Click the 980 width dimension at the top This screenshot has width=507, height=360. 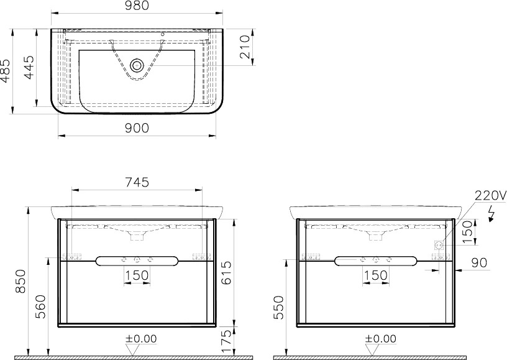137,6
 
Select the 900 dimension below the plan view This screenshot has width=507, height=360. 137,129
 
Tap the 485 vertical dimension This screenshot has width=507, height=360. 6,71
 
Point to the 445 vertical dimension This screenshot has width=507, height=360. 29,68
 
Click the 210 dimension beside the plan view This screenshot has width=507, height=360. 245,47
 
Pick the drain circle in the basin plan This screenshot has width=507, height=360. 137,66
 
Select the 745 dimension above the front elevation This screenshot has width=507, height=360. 137,182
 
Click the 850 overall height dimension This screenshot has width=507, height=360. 21,281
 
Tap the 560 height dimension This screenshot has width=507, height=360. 41,307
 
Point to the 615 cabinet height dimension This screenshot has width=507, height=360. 226,272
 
